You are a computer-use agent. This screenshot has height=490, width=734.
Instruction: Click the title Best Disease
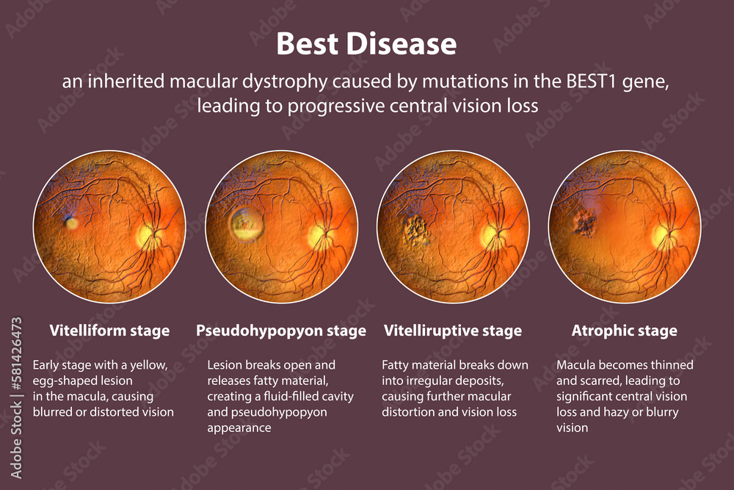click(366, 44)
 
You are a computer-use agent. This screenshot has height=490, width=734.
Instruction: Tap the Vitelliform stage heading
click(109, 331)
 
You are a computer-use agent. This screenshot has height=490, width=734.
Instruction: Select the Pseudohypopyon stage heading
click(281, 331)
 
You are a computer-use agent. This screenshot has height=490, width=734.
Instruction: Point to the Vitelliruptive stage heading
click(453, 331)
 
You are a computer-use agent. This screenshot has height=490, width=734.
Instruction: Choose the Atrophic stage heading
click(625, 331)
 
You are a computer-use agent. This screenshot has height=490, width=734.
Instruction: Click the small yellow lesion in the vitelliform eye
click(72, 223)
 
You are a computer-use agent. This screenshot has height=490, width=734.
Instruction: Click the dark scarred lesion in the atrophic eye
click(585, 223)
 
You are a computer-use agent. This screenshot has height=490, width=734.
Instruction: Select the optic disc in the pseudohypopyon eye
click(317, 235)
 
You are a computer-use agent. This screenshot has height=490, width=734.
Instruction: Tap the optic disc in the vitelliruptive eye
click(490, 235)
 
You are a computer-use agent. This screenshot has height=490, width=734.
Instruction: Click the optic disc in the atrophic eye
click(661, 235)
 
